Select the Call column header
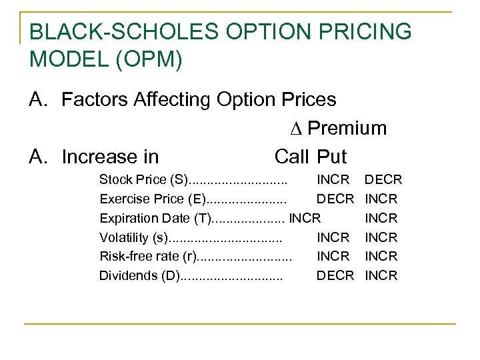[x=291, y=157]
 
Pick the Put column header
[x=332, y=157]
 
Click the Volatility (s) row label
[x=134, y=237]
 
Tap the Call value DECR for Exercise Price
[x=335, y=199]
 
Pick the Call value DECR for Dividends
[x=335, y=275]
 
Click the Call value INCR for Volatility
[x=333, y=237]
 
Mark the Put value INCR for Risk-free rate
[x=381, y=256]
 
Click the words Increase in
[x=110, y=157]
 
